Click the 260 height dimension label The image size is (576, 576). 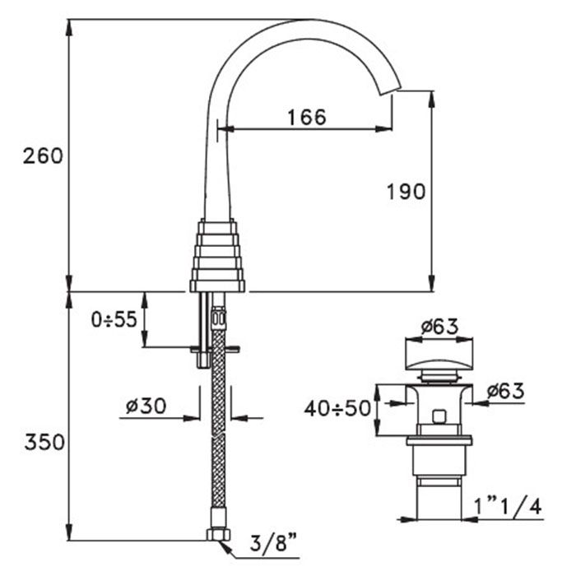pyautogui.click(x=43, y=156)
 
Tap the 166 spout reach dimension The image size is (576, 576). pyautogui.click(x=307, y=117)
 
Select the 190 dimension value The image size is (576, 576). pyautogui.click(x=406, y=192)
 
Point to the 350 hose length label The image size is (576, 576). pyautogui.click(x=44, y=442)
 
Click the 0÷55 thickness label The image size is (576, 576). pyautogui.click(x=114, y=319)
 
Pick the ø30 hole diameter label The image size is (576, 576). pyautogui.click(x=146, y=406)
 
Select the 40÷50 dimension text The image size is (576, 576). pyautogui.click(x=337, y=408)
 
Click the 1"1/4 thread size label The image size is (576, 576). pyautogui.click(x=508, y=508)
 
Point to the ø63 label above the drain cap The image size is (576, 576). pyautogui.click(x=439, y=326)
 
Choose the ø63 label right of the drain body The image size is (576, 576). pyautogui.click(x=504, y=391)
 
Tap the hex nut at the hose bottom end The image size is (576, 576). pyautogui.click(x=218, y=535)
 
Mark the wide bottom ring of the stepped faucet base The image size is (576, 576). pyautogui.click(x=217, y=286)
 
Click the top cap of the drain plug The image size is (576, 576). pyautogui.click(x=439, y=354)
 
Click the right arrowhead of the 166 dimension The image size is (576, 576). pyautogui.click(x=383, y=129)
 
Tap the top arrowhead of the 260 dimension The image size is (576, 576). pyautogui.click(x=69, y=27)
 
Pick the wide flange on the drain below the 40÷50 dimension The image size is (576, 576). pyautogui.click(x=439, y=440)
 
